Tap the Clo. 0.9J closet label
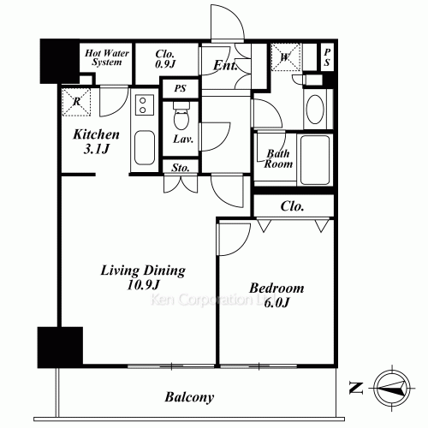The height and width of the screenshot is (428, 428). pyautogui.click(x=164, y=57)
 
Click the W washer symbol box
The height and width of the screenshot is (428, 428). pyautogui.click(x=288, y=57)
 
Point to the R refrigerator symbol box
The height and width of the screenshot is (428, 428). pyautogui.click(x=77, y=101)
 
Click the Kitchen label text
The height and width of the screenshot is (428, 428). pyautogui.click(x=96, y=134)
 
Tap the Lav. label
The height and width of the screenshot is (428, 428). pyautogui.click(x=181, y=139)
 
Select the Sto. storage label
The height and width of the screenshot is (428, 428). pyautogui.click(x=181, y=168)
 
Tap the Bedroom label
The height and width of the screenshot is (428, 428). pyautogui.click(x=275, y=288)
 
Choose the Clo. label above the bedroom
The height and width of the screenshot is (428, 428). pyautogui.click(x=293, y=206)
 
